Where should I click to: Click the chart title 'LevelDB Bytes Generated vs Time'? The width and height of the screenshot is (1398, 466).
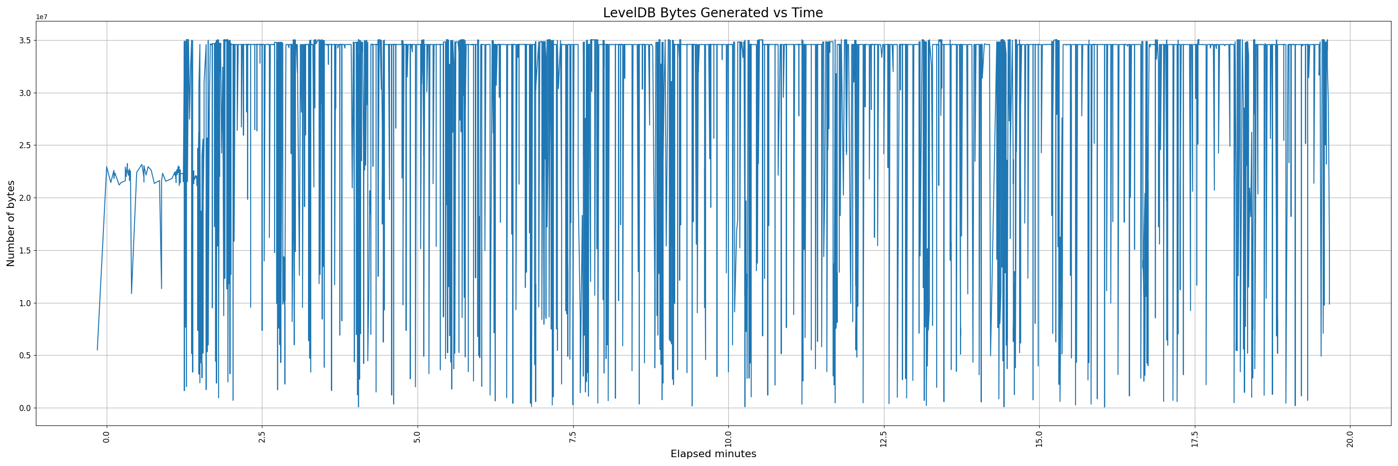point(713,13)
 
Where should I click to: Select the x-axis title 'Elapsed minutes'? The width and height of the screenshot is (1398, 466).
point(713,454)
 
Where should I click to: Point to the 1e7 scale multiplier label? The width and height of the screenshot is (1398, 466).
point(42,17)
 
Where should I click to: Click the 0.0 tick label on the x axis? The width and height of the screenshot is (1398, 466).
point(107,436)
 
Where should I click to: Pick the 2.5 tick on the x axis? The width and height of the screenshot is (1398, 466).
point(262,436)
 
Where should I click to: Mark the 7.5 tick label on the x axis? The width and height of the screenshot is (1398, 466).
point(573,436)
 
